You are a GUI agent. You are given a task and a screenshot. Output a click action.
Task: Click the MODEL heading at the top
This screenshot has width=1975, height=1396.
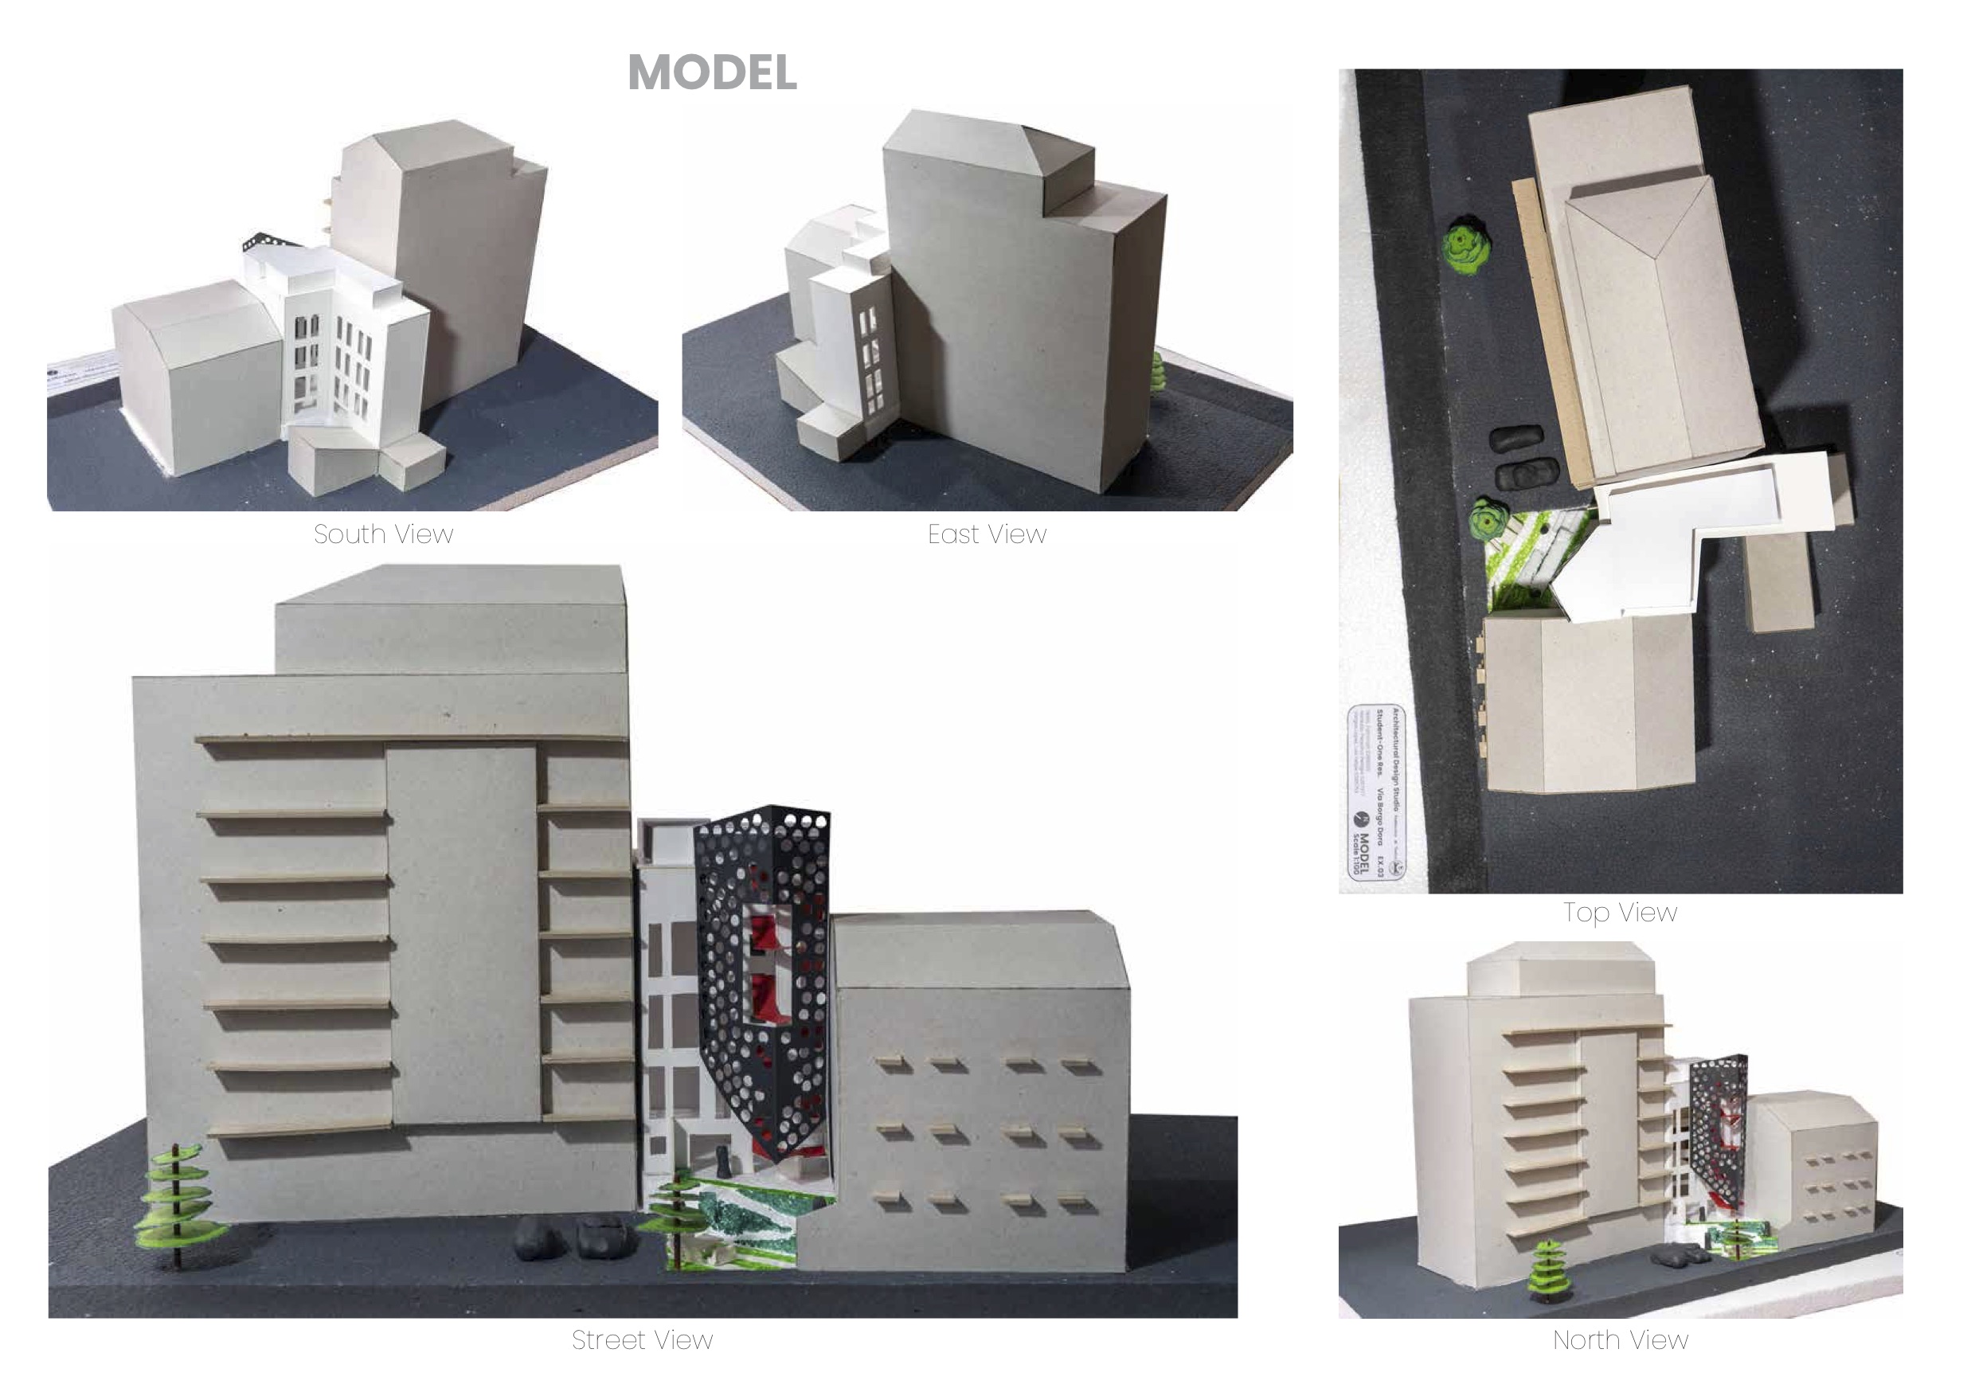(x=712, y=72)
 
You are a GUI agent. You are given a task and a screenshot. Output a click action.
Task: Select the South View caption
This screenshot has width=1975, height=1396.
(x=383, y=534)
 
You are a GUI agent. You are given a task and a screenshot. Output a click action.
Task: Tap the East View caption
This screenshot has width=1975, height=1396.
(x=987, y=534)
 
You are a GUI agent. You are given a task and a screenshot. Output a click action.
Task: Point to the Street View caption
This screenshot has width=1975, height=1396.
(x=642, y=1339)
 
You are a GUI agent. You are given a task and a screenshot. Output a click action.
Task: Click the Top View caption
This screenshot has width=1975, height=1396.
(x=1620, y=912)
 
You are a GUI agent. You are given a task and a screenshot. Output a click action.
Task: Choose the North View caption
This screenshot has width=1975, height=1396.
(x=1620, y=1339)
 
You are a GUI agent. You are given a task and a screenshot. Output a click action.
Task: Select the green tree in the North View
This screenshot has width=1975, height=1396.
(x=1547, y=1269)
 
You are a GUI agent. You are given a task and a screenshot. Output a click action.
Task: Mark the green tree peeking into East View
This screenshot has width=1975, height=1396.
(x=1157, y=372)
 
